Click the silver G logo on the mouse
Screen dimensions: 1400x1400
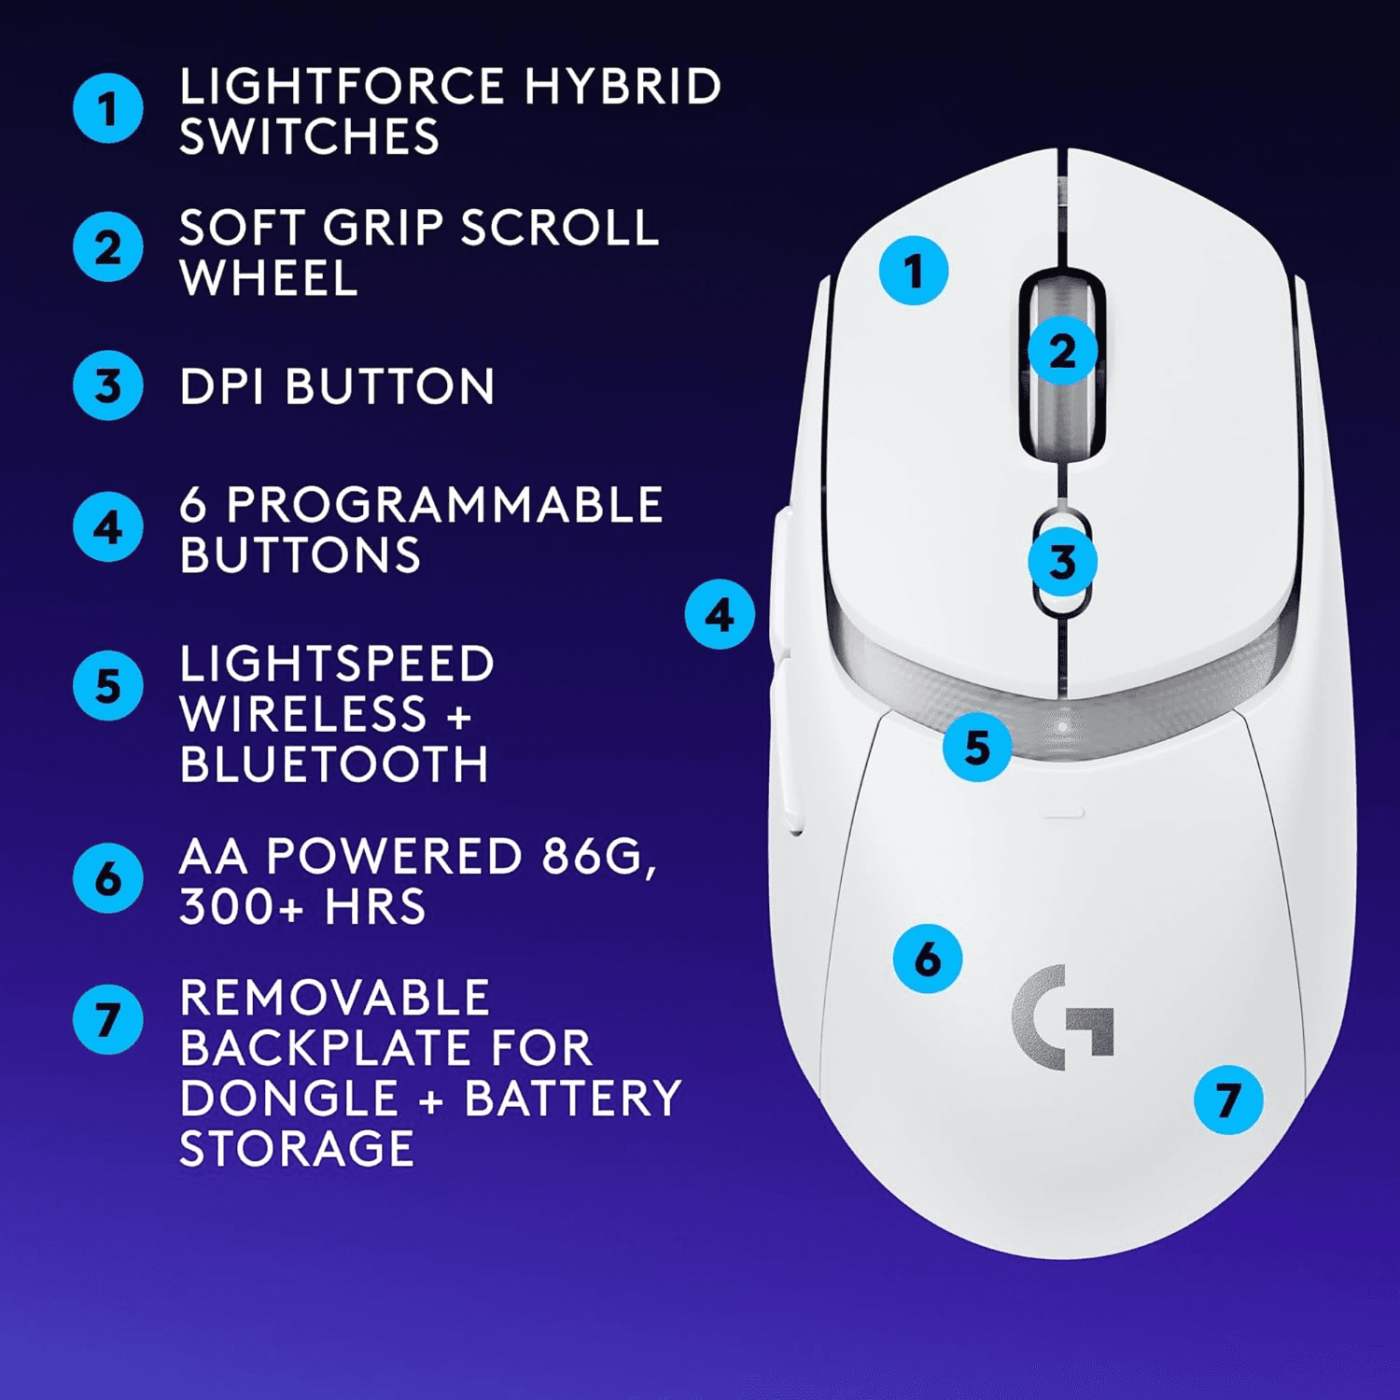coord(1063,1017)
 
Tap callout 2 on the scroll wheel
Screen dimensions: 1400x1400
coord(1062,352)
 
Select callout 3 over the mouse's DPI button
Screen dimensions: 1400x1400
coord(1062,562)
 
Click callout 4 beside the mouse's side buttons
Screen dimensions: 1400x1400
coord(720,614)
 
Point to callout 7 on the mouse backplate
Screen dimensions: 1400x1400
coord(1228,1099)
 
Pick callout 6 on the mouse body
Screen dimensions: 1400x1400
coord(927,959)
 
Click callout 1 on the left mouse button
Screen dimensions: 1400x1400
coord(913,271)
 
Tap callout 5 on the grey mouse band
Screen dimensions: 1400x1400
coord(976,747)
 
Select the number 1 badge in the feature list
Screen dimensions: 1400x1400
coord(108,108)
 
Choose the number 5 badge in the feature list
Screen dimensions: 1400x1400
coord(108,686)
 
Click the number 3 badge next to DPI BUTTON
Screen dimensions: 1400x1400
coord(108,385)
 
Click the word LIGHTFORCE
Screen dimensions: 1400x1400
coord(342,87)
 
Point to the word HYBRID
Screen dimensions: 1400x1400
coord(623,87)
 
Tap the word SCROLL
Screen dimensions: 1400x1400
coord(560,228)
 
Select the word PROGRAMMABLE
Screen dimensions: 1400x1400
coord(444,505)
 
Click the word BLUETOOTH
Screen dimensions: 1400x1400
coord(334,764)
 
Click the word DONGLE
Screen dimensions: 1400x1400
coord(288,1098)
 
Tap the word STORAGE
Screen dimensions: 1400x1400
coord(297,1148)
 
